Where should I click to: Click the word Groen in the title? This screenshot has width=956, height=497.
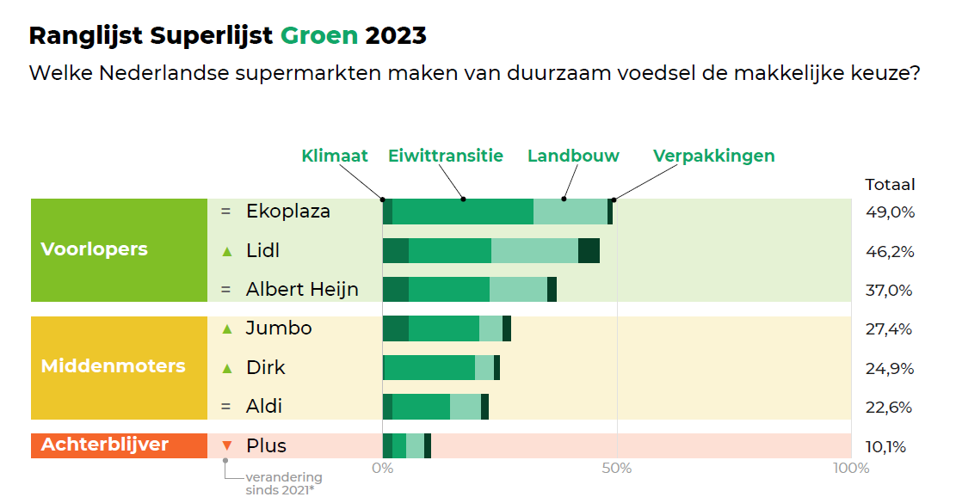point(318,35)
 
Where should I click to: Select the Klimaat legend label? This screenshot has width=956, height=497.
point(335,156)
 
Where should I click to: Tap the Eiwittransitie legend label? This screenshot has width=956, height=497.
point(446,156)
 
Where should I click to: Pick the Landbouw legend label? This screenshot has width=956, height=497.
point(573,156)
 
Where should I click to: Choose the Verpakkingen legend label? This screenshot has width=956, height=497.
point(713,156)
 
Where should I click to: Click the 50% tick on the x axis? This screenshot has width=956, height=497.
point(617,468)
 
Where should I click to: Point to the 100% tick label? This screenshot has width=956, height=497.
point(852,468)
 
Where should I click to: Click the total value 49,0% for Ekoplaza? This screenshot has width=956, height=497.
point(889,212)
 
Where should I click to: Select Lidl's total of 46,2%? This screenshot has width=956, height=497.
point(889,252)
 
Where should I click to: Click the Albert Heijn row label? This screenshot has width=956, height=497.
point(302,290)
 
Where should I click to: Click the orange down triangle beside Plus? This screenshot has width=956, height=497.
point(227,445)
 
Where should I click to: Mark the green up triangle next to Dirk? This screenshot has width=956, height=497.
point(227,368)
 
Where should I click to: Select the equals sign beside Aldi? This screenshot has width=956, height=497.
point(226,406)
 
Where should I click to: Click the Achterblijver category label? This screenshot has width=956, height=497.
point(105,445)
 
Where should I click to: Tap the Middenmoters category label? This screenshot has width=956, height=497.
point(113,366)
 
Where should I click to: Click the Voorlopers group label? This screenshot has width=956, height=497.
point(95,249)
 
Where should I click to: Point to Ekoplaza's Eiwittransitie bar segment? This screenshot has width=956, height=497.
point(462,211)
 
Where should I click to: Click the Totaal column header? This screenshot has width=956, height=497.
point(890,184)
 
